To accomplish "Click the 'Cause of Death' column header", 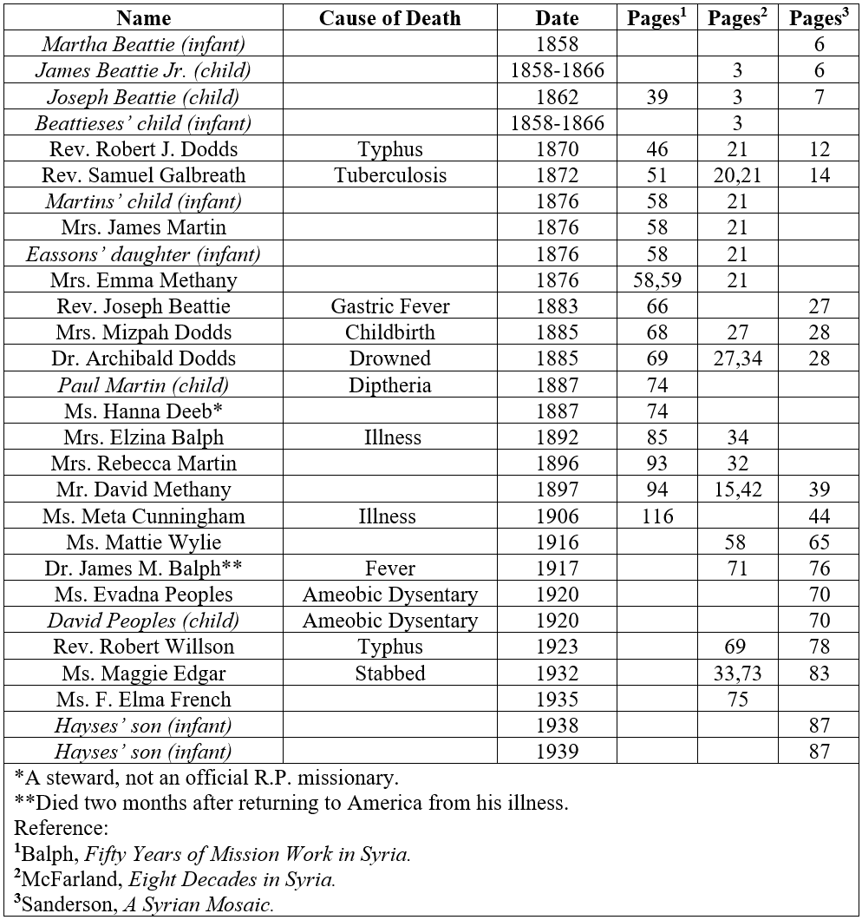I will pos(389,18).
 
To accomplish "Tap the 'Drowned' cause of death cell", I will pos(389,358).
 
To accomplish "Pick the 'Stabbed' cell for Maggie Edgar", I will pos(389,673).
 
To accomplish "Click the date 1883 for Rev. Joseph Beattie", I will pos(557,306).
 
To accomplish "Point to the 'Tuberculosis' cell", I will pos(389,175).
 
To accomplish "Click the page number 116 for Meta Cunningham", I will pos(657,516).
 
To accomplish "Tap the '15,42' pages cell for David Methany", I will pos(737,490).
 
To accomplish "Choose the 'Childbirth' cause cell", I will pos(389,332).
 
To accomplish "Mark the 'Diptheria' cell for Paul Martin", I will pos(389,384).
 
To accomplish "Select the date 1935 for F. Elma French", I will pos(557,699).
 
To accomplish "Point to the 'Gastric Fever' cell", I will pos(389,306).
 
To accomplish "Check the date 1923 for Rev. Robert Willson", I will pos(557,647).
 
